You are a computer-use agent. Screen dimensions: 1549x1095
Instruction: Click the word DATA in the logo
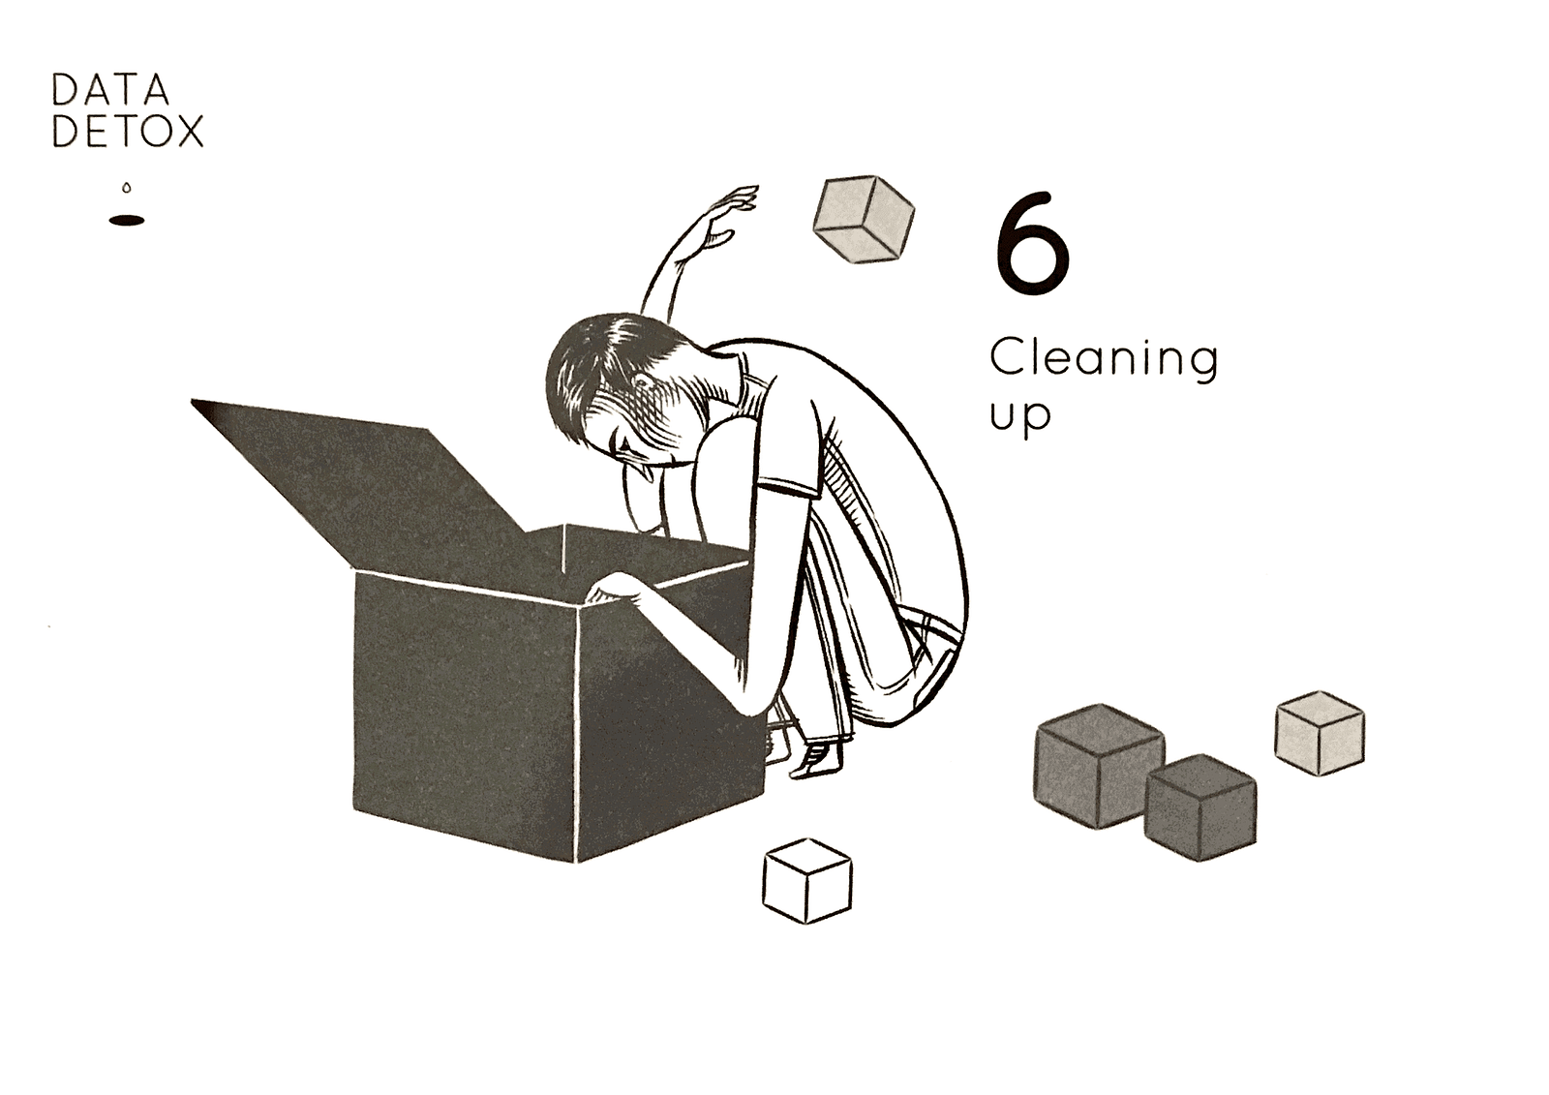110,89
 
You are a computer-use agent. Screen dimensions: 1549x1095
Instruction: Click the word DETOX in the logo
128,131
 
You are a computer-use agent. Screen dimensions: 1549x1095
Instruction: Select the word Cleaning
1104,360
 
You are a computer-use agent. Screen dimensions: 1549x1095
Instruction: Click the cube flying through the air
865,219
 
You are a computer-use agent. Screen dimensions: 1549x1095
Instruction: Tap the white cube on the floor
807,881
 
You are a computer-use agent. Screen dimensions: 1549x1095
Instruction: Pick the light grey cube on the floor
1320,733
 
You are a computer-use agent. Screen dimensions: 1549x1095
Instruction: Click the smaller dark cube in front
1200,807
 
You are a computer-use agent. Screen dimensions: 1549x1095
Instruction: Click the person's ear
642,381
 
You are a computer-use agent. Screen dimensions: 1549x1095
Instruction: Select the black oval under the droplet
127,221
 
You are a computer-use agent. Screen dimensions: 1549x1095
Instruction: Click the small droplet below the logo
127,188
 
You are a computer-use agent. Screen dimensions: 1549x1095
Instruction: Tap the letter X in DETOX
188,131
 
